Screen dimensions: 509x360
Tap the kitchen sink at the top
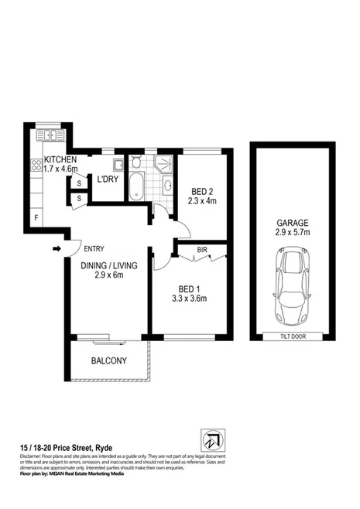click(x=50, y=136)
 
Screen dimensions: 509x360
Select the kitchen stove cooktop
click(x=36, y=165)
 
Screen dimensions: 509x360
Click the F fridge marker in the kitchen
click(x=35, y=217)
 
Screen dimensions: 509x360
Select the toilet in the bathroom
click(x=136, y=162)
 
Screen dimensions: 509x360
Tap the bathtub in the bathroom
click(x=137, y=186)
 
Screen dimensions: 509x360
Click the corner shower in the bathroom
click(x=165, y=163)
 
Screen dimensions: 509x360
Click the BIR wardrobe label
click(x=201, y=251)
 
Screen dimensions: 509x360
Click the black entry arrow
click(x=57, y=249)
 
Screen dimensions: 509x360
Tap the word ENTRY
click(x=94, y=248)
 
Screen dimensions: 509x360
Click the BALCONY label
click(x=109, y=361)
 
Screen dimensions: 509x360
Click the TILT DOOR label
click(x=292, y=336)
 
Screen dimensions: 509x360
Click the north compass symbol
click(x=211, y=438)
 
